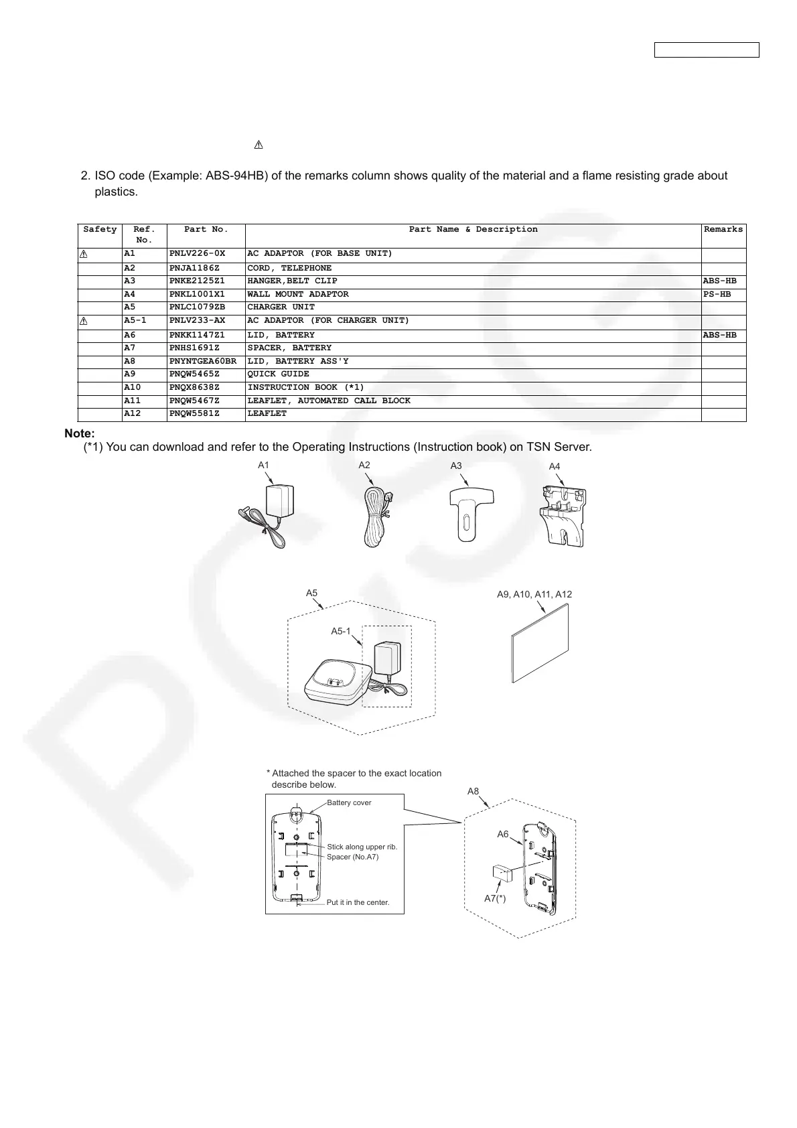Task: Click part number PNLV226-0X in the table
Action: (x=197, y=254)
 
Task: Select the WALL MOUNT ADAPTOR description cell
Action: (x=298, y=294)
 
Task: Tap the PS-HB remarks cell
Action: (x=717, y=294)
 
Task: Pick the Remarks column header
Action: (x=723, y=230)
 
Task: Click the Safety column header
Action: (x=100, y=230)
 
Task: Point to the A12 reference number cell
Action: (x=132, y=414)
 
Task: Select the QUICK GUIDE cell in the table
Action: (x=278, y=374)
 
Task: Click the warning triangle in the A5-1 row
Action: (x=84, y=322)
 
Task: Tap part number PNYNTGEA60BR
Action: (x=202, y=361)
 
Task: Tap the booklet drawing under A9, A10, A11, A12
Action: (x=540, y=644)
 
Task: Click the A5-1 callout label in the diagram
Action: (x=340, y=631)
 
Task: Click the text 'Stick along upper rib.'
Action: (x=362, y=847)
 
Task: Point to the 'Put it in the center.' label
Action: (x=358, y=902)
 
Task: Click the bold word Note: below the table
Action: (x=80, y=434)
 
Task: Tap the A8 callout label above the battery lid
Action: (x=473, y=791)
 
